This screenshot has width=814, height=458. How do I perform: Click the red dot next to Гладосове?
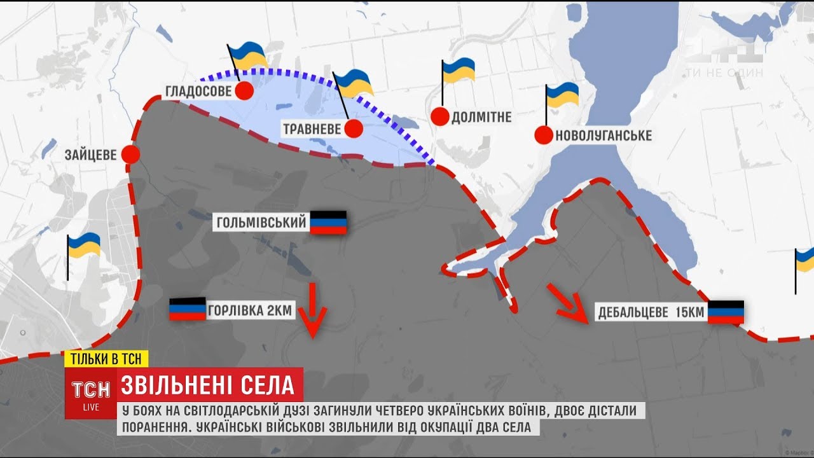pyautogui.click(x=244, y=91)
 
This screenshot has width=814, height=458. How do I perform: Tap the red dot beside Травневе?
pyautogui.click(x=354, y=129)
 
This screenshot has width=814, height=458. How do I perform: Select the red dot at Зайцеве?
pyautogui.click(x=131, y=155)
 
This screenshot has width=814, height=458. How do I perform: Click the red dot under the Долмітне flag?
pyautogui.click(x=440, y=116)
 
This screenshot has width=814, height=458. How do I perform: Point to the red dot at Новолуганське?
pyautogui.click(x=544, y=135)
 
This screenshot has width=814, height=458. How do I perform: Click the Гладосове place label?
pyautogui.click(x=198, y=92)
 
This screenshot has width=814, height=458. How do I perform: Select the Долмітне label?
pyautogui.click(x=481, y=117)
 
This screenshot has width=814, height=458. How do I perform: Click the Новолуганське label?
pyautogui.click(x=603, y=135)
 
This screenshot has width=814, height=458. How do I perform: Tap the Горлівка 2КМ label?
pyautogui.click(x=249, y=311)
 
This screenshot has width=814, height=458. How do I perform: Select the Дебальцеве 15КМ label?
pyautogui.click(x=650, y=312)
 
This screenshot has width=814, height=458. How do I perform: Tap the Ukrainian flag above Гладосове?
pyautogui.click(x=247, y=57)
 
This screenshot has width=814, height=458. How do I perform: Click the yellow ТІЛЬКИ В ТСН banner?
pyautogui.click(x=106, y=358)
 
